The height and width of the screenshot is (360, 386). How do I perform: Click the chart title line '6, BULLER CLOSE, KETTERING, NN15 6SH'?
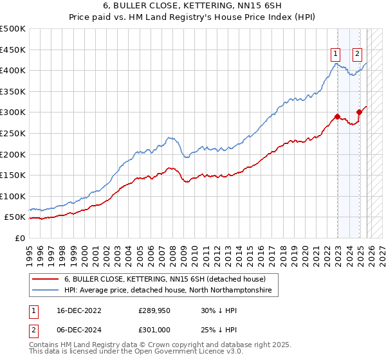193,5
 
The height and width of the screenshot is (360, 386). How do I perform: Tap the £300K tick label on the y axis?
14,113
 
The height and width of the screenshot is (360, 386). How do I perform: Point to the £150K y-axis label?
14,175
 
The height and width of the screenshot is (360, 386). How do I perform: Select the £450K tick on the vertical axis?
14,50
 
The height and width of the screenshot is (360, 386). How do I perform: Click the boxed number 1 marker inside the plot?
336,54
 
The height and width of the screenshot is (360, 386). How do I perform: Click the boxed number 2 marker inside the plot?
357,54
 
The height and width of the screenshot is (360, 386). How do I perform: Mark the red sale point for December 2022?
337,117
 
